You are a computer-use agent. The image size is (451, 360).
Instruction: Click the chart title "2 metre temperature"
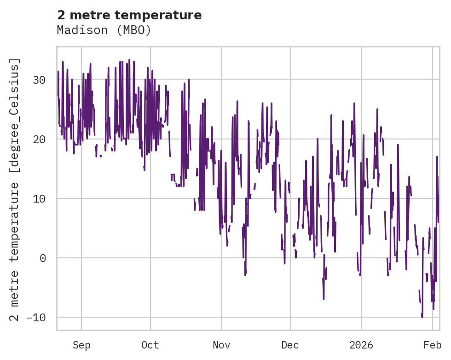click(x=129, y=15)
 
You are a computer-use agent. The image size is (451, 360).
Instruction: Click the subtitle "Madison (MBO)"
click(x=104, y=30)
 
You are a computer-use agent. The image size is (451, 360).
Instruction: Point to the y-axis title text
click(x=16, y=189)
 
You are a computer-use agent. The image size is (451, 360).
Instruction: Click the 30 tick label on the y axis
click(x=39, y=80)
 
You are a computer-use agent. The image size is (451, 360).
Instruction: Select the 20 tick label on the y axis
click(x=39, y=139)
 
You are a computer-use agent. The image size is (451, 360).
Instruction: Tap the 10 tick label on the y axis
click(x=39, y=198)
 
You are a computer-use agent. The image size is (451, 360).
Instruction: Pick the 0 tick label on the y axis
click(x=43, y=258)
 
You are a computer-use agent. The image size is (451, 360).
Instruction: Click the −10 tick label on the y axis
click(x=36, y=317)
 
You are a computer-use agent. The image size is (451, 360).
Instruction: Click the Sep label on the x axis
click(x=81, y=345)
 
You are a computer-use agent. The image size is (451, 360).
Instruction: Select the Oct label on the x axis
click(x=150, y=345)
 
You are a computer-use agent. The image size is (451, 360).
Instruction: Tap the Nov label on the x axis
click(x=221, y=345)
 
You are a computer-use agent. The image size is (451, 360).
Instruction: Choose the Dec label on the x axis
click(x=290, y=345)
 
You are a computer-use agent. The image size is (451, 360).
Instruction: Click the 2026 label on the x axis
click(x=361, y=345)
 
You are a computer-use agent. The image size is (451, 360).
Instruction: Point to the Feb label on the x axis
click(x=433, y=345)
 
